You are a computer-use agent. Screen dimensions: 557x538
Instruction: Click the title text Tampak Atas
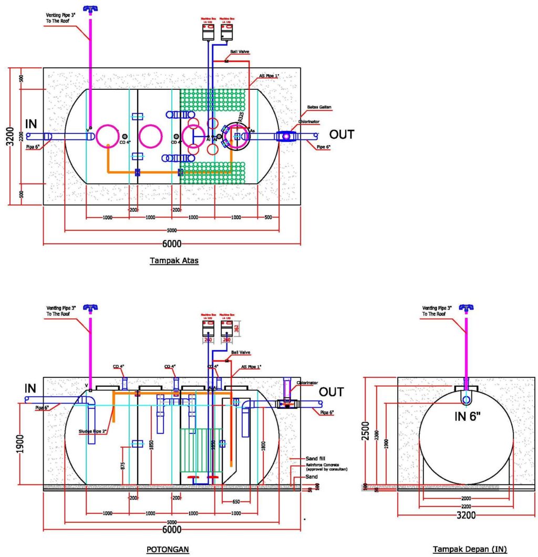coord(174,260)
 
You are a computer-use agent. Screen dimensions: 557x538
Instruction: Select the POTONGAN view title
coord(167,549)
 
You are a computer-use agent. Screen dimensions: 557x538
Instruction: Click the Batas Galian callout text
coord(319,107)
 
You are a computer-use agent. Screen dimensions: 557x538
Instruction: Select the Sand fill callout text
coord(315,458)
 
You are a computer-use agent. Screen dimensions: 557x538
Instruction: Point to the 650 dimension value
coord(236,501)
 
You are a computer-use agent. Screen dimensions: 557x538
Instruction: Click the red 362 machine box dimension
coord(236,327)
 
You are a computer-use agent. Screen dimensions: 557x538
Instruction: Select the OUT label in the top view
coord(342,135)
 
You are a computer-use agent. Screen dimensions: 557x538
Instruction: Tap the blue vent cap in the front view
coord(465,307)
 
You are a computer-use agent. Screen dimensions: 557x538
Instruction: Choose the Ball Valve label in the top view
coord(239,52)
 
